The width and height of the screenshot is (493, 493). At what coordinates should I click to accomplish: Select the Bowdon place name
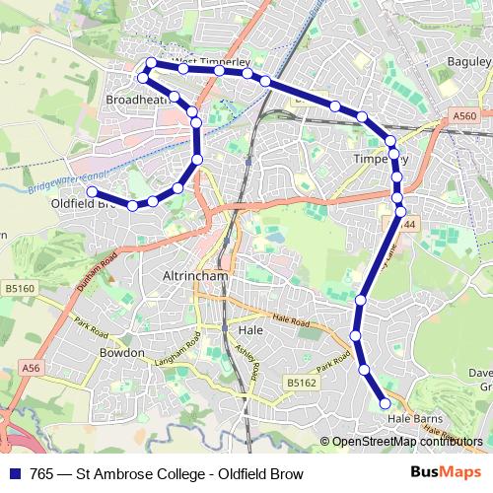(x=121, y=352)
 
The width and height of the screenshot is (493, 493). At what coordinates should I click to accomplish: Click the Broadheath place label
(x=134, y=101)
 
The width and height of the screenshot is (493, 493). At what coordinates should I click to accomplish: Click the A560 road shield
(x=464, y=116)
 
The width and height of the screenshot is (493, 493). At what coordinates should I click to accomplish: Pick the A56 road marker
(x=35, y=367)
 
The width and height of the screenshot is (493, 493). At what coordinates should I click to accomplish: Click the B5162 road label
(x=302, y=380)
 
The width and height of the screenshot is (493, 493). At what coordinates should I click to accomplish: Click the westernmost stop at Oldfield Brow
(x=91, y=191)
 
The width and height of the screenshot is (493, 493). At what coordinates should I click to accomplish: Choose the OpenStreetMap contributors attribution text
(x=407, y=441)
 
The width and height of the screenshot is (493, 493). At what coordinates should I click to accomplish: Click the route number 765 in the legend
(x=41, y=472)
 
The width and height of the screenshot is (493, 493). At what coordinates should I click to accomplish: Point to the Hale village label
(x=251, y=331)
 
